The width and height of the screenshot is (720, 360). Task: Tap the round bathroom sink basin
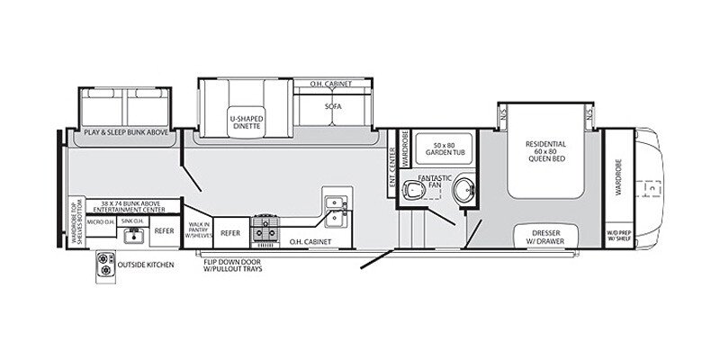pos(464,191)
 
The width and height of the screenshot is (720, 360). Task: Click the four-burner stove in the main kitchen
pos(266,229)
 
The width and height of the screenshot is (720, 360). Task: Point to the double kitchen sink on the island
pos(335,208)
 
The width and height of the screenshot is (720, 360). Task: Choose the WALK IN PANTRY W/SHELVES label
pos(198,231)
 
